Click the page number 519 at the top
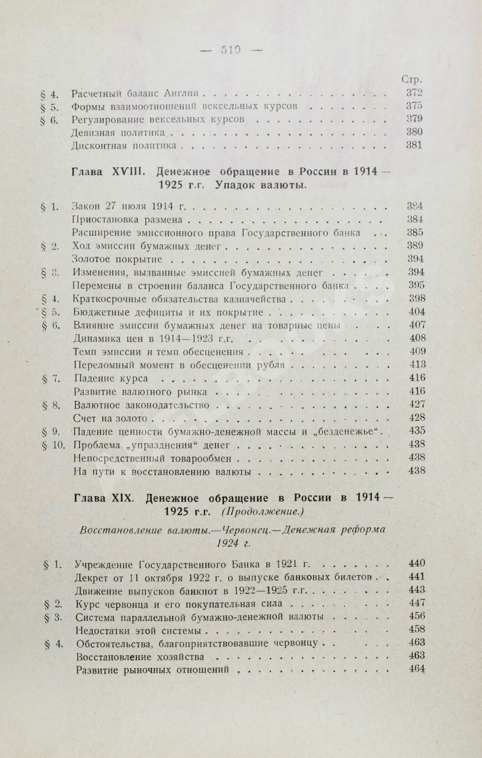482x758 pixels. [x=231, y=50]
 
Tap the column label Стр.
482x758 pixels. [x=412, y=80]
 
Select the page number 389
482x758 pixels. [x=415, y=245]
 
